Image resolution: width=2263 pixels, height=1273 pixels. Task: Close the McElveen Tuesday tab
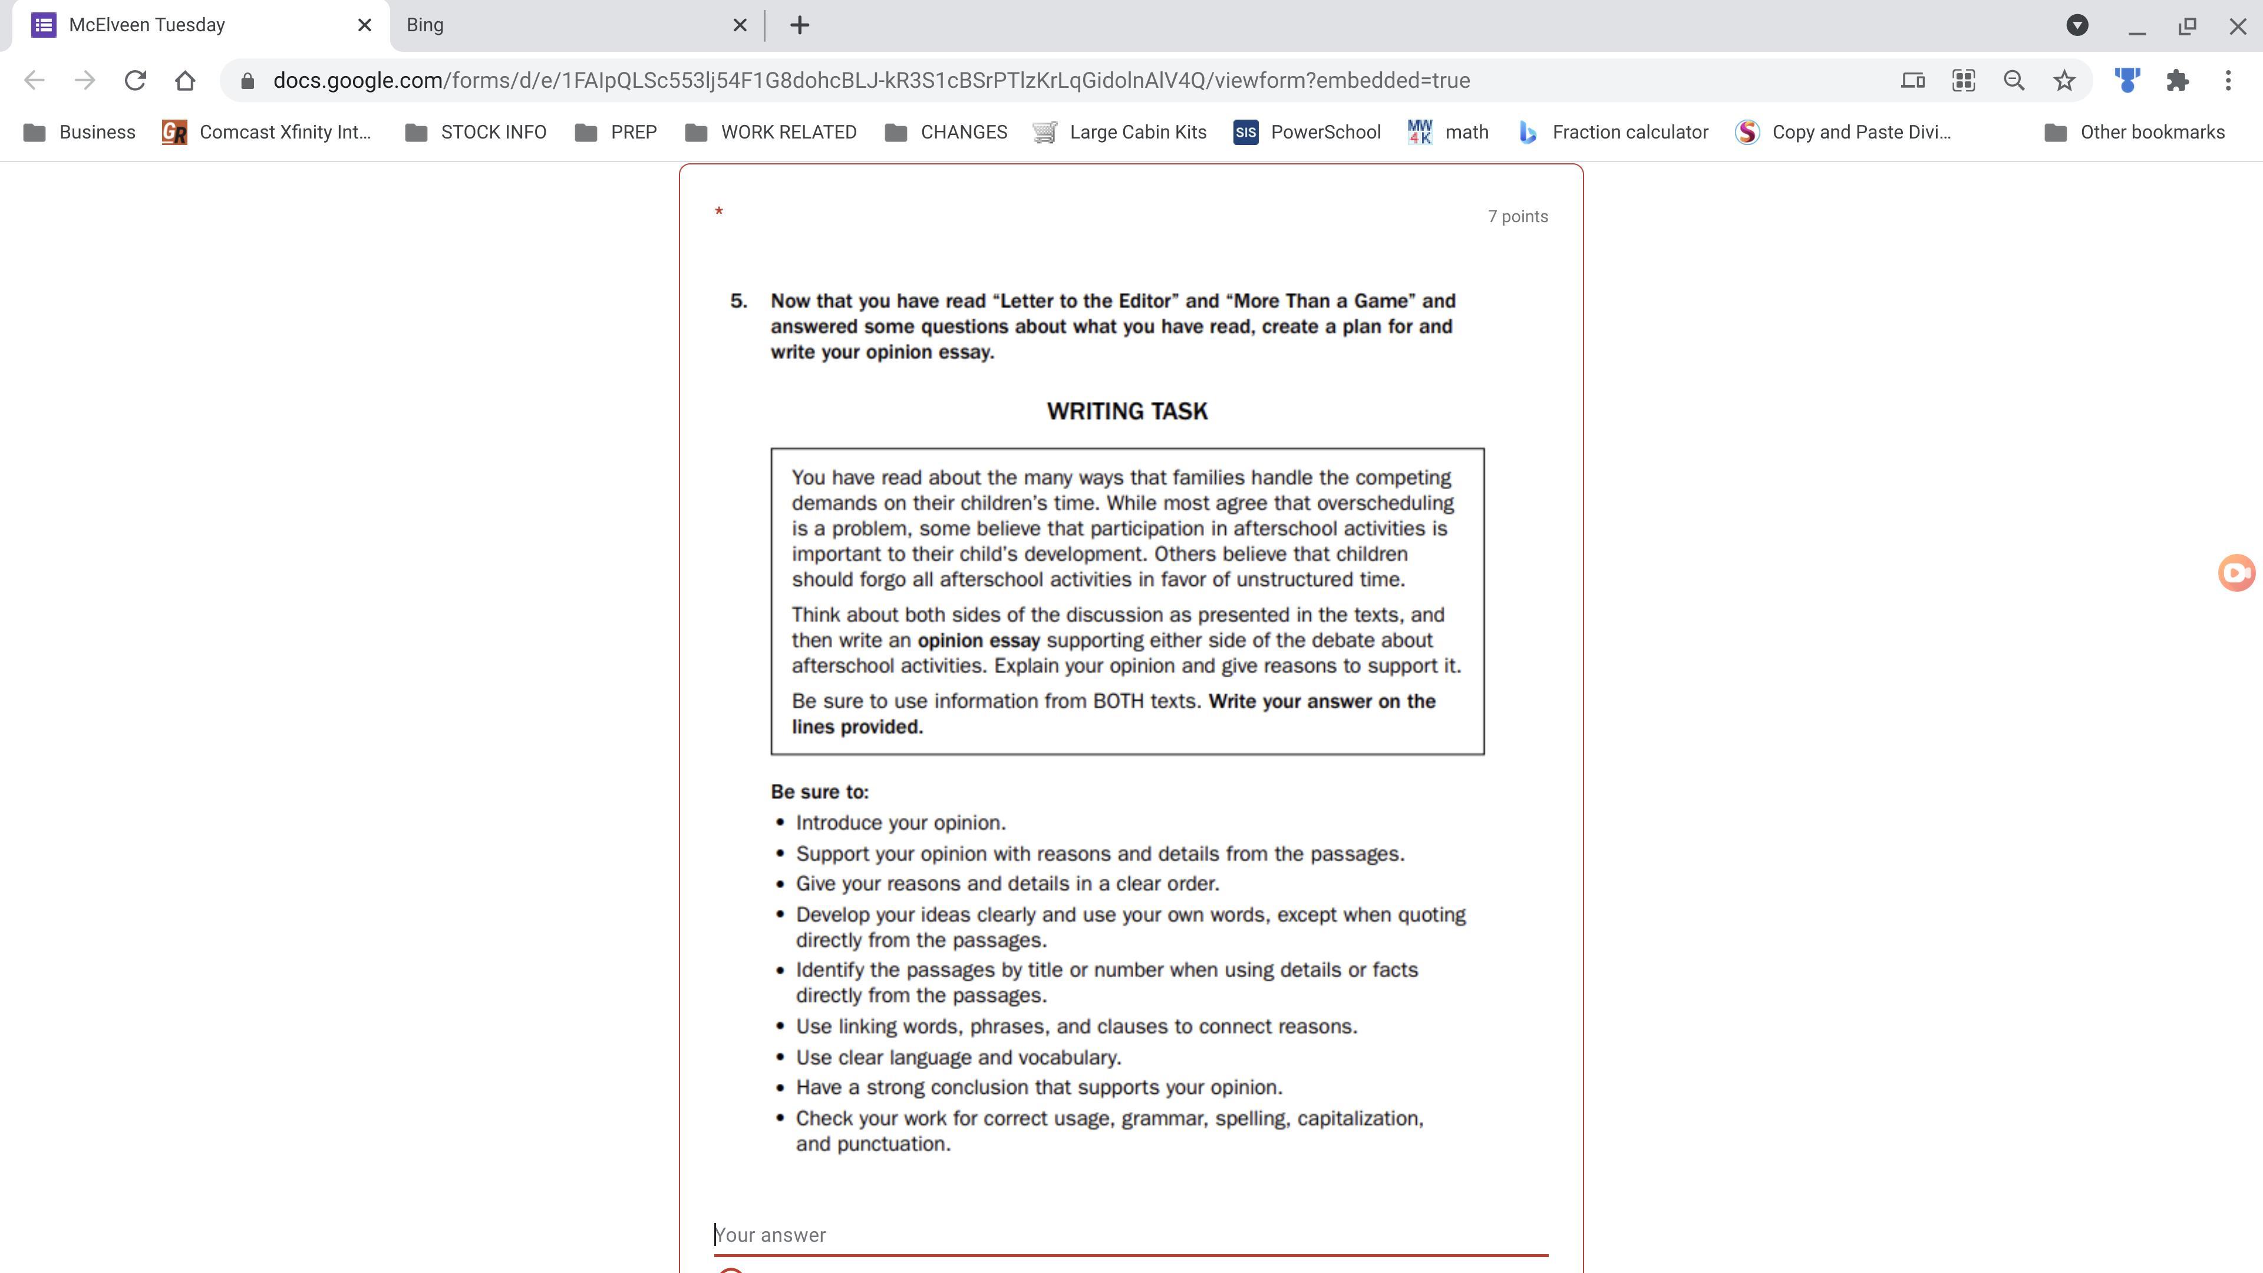(x=365, y=25)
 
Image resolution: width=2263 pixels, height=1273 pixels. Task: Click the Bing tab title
(x=425, y=25)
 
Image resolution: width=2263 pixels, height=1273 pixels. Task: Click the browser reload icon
(x=134, y=81)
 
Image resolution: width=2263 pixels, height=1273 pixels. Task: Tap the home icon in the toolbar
(x=184, y=81)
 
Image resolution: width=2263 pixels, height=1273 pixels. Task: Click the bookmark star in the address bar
(x=2064, y=81)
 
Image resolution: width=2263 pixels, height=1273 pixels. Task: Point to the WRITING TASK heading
(x=1127, y=412)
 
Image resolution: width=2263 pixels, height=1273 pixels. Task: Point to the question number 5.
(x=738, y=301)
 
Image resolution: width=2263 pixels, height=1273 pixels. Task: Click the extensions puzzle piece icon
(x=2177, y=81)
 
